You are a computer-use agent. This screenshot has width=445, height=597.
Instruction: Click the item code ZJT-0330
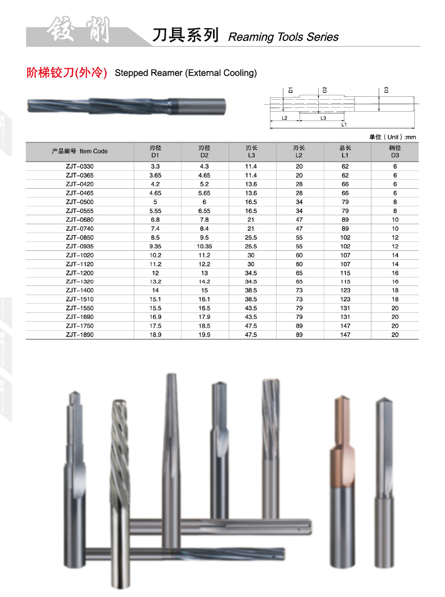[x=80, y=166]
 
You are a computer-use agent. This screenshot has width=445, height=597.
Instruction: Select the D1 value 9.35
[x=155, y=246]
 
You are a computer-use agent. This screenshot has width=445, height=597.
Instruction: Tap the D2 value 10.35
[x=204, y=246]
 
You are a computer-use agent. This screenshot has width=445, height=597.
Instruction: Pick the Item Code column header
[x=80, y=151]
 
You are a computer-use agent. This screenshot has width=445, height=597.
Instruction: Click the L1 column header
[x=345, y=152]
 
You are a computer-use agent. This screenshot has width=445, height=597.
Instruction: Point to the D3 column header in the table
[x=395, y=152]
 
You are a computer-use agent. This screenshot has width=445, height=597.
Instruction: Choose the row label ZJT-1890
[x=80, y=335]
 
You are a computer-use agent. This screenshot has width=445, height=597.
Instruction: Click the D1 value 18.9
[x=155, y=335]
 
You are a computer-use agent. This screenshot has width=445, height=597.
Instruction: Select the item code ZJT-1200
[x=80, y=273]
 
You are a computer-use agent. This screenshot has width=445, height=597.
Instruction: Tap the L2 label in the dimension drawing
[x=284, y=118]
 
